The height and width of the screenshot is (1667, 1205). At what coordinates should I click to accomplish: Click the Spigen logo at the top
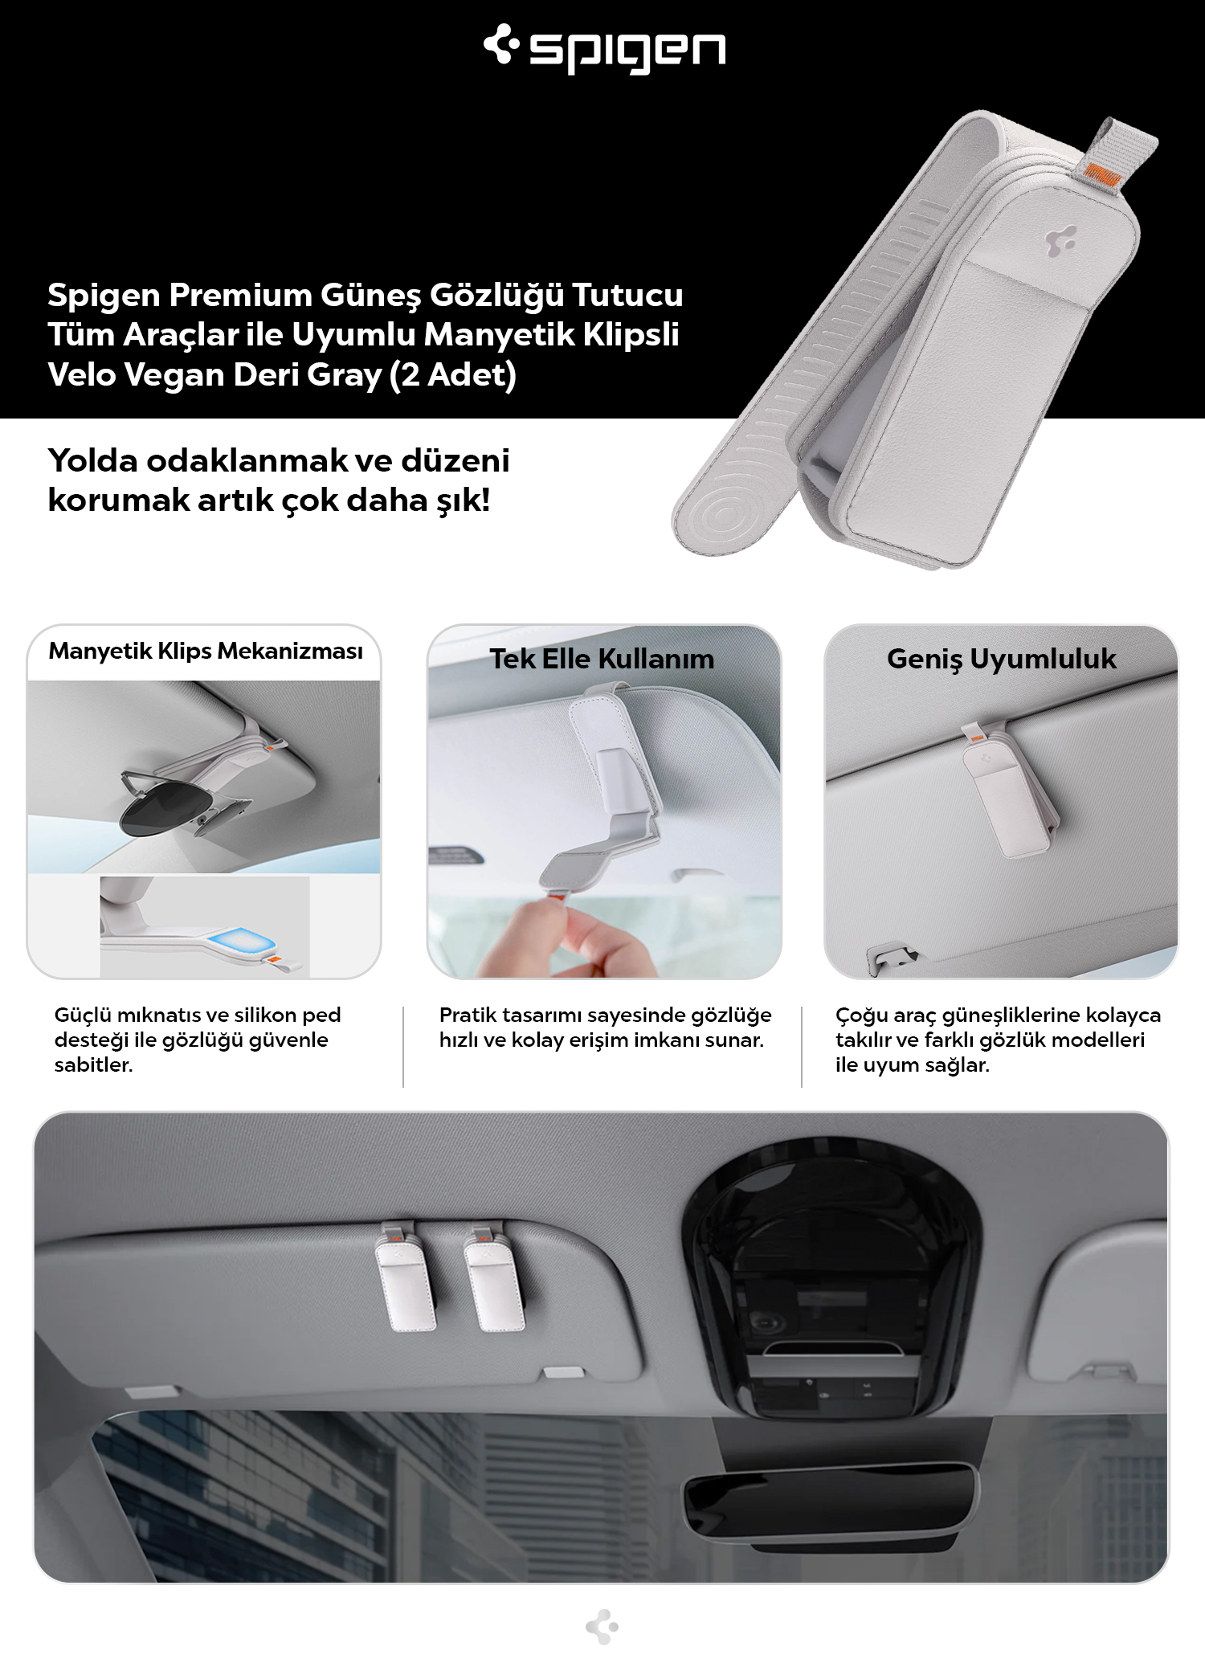[604, 48]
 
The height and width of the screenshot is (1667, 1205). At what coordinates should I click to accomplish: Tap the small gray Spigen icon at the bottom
[602, 1627]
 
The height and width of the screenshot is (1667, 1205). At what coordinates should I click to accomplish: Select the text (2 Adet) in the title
[453, 375]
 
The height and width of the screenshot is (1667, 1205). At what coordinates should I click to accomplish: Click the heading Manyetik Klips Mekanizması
[206, 651]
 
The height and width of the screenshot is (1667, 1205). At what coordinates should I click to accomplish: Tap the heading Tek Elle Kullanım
[602, 659]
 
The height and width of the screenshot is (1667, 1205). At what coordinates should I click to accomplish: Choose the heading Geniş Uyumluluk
[1001, 659]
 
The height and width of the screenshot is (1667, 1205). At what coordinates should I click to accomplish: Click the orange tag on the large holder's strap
[1097, 172]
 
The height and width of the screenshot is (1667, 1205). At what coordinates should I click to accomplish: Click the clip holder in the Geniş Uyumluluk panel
[1009, 795]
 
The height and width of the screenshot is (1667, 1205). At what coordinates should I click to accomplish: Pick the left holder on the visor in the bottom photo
[406, 1277]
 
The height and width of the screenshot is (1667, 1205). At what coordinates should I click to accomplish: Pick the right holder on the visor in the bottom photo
[494, 1277]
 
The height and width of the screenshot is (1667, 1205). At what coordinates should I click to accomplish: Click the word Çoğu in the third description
[861, 1015]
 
